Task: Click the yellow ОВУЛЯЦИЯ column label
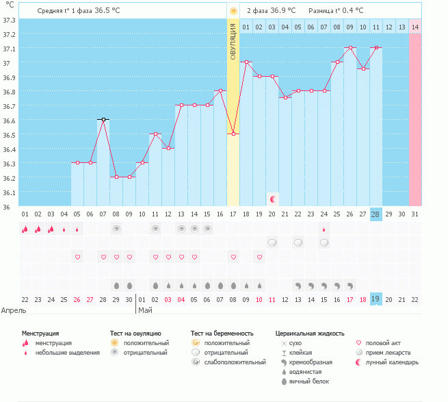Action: coord(233,42)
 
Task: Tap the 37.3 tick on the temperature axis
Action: coord(9,20)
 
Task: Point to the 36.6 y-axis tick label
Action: coord(9,121)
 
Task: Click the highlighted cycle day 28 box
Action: coord(375,214)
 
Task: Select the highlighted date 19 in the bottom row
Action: coord(375,299)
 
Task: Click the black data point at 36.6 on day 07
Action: coord(103,119)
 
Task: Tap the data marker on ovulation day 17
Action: coord(233,134)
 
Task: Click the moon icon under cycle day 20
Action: coord(272,199)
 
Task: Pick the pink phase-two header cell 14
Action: coord(414,27)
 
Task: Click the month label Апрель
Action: coord(14,310)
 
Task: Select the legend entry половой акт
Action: coord(386,342)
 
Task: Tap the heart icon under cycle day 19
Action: coord(259,257)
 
